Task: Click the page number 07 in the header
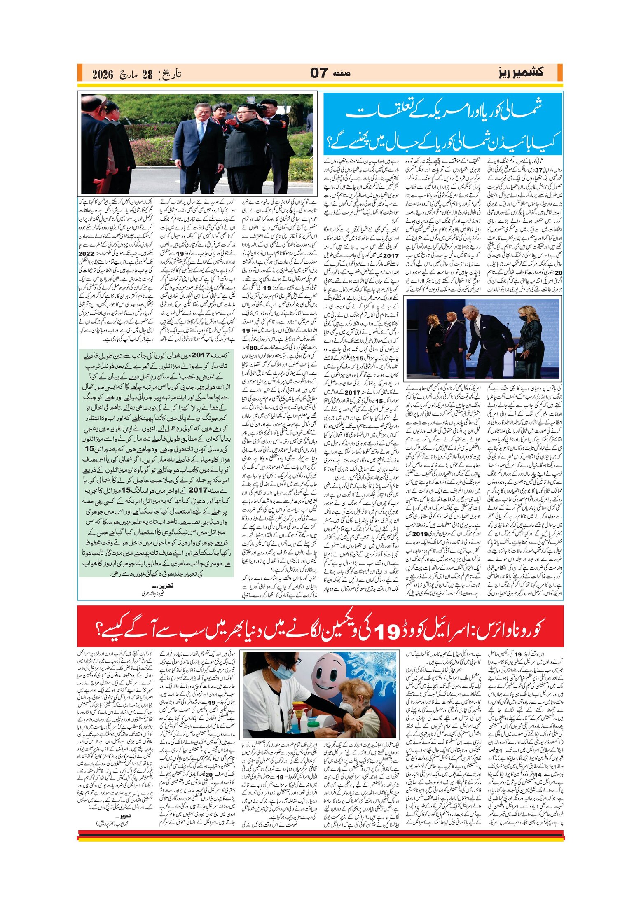point(318,73)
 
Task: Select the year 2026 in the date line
point(103,75)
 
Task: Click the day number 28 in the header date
point(147,75)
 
